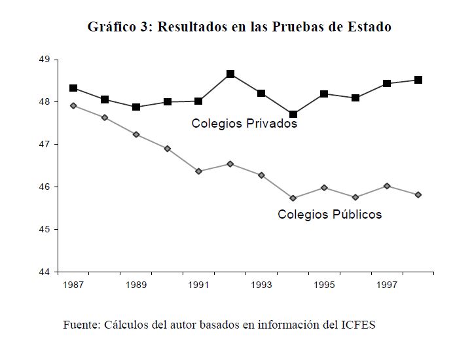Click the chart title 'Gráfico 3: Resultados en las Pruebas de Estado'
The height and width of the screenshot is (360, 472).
(239, 27)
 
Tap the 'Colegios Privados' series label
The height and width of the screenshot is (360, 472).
(244, 123)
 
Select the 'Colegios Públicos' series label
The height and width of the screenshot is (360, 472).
(329, 214)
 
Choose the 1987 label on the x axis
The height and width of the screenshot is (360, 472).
(73, 285)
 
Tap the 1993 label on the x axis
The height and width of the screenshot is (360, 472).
(261, 285)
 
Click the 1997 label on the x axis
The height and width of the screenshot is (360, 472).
(387, 285)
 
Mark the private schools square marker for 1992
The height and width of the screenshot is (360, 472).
(230, 74)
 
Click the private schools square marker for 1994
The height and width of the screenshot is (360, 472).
(293, 115)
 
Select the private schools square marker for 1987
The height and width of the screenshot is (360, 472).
(73, 88)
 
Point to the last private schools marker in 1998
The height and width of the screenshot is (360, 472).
(418, 80)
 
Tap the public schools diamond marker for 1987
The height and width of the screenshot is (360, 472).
(73, 105)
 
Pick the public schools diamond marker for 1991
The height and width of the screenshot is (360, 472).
(199, 171)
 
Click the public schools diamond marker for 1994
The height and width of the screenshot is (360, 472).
(293, 198)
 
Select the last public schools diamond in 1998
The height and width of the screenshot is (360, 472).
(418, 194)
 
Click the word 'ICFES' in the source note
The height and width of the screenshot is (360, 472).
(358, 325)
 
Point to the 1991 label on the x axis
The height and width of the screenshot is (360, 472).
(199, 285)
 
